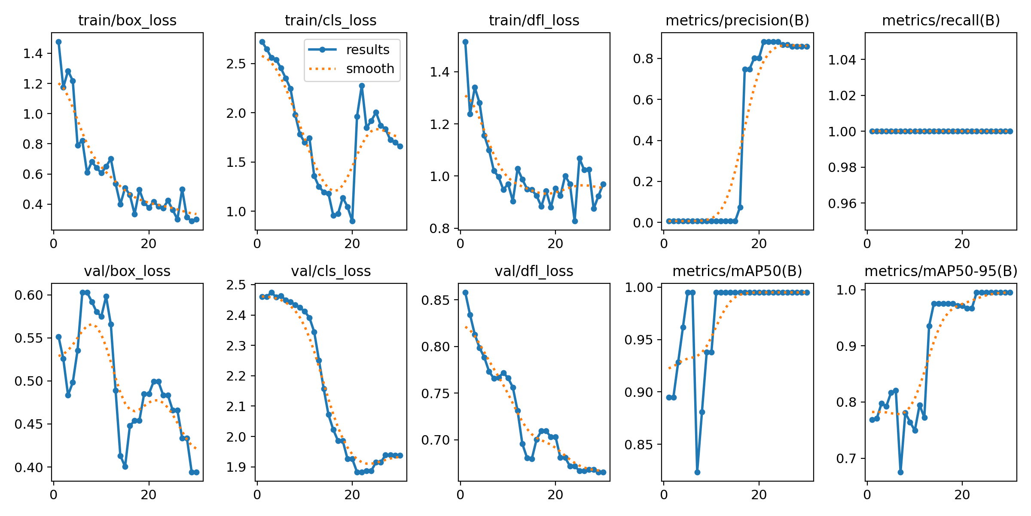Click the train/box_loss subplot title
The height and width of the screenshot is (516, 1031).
coord(127,20)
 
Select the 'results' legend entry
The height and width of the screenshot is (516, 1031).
coord(367,50)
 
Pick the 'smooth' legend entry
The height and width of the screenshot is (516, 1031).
coord(370,69)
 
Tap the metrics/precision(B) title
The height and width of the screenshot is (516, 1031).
coord(737,20)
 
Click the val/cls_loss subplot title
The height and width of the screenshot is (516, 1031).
coord(331,271)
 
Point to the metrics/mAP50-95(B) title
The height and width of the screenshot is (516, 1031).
coord(941,271)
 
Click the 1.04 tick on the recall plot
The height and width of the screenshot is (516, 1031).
coord(842,59)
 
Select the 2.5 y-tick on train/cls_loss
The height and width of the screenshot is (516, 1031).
coord(236,64)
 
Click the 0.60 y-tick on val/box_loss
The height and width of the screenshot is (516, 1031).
coord(29,295)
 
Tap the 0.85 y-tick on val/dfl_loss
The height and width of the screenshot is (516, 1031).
coord(435,300)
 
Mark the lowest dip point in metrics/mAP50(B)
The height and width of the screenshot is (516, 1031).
coord(697,472)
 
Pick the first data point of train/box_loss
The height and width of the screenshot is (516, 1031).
coord(58,42)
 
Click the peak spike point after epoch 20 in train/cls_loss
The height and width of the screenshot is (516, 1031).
coord(362,86)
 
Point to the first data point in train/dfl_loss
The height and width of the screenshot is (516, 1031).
coord(465,42)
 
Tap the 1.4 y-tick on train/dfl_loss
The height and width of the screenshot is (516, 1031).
coord(439,72)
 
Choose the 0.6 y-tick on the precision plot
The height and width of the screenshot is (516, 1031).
coord(643,100)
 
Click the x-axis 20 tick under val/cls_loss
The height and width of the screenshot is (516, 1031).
coord(352,495)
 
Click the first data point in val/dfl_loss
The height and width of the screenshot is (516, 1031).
coord(465,292)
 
